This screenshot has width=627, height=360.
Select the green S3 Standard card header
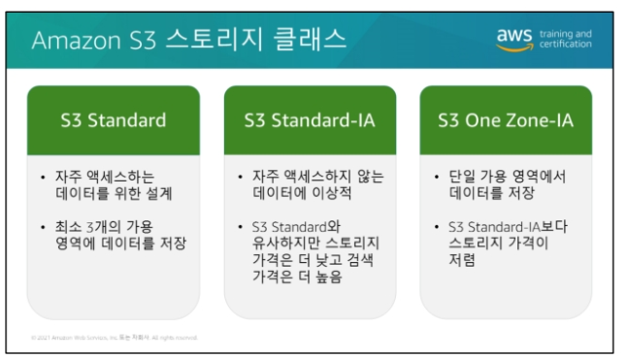[114, 121]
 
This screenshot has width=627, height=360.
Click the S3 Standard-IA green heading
[310, 121]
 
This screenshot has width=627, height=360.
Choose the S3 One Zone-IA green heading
[507, 121]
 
